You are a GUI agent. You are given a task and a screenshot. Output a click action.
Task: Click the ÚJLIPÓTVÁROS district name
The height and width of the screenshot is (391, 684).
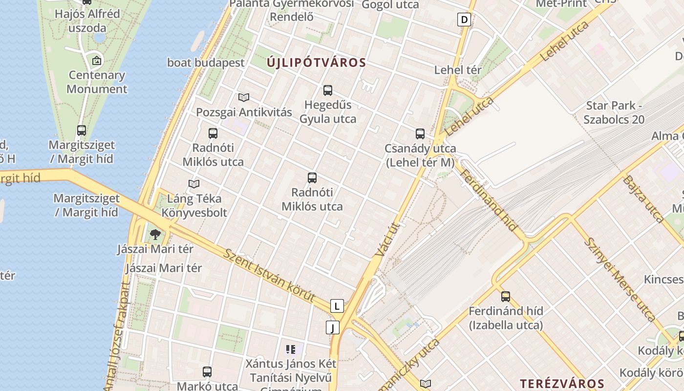click(x=316, y=63)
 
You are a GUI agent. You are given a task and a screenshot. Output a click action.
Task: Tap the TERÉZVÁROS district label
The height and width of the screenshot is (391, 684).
click(x=562, y=383)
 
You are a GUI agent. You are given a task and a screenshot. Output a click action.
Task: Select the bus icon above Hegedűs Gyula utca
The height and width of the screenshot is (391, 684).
click(x=327, y=90)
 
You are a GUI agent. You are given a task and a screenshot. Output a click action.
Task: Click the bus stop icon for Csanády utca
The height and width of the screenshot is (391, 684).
click(x=420, y=134)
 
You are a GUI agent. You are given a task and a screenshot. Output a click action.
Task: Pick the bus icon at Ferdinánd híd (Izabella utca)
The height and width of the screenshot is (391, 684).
click(x=505, y=297)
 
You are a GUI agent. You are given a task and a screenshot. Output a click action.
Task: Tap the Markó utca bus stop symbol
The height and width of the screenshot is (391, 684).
click(x=207, y=372)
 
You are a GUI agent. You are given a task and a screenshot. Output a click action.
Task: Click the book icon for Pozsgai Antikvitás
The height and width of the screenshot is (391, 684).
click(x=243, y=98)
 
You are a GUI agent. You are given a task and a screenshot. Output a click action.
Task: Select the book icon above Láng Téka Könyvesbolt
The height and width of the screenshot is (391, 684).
click(x=194, y=184)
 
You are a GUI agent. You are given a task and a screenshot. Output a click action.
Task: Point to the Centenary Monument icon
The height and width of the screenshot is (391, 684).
click(x=97, y=61)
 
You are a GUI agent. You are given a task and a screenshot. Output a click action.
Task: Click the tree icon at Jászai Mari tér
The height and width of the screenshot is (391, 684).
click(x=155, y=235)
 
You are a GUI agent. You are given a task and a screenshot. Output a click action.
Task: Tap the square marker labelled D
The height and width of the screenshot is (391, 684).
click(x=464, y=20)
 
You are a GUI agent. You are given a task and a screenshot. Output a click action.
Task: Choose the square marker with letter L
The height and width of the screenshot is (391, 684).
click(x=337, y=306)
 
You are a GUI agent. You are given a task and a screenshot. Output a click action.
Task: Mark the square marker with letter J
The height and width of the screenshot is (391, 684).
click(x=332, y=327)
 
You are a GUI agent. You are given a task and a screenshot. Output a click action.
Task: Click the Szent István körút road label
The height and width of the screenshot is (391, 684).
click(x=270, y=275)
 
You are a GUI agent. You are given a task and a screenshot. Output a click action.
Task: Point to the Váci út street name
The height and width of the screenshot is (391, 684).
click(x=389, y=239)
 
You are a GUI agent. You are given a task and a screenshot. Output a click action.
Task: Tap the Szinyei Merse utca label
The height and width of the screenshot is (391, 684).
click(x=620, y=279)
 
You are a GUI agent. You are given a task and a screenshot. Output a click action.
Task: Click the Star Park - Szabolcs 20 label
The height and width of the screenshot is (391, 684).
click(x=614, y=112)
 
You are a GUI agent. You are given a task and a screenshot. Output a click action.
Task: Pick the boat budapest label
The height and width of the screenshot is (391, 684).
click(x=206, y=63)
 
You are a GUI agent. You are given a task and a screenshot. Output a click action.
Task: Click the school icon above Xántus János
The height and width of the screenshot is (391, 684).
click(x=291, y=349)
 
